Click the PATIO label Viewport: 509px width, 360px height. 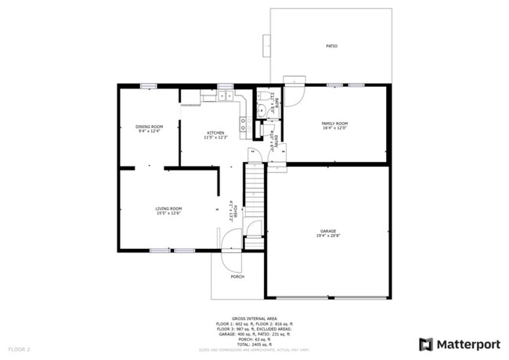pos(331,46)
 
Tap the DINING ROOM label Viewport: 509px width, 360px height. pos(149,127)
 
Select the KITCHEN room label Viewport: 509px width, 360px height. pos(216,133)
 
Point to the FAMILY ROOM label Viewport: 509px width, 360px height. pos(334,124)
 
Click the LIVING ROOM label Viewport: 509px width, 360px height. pos(168,208)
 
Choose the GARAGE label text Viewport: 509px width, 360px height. pos(327,231)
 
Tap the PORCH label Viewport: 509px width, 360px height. pos(236,276)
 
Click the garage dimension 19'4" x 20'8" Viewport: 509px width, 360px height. pos(327,236)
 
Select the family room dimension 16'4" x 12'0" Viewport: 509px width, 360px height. pos(334,128)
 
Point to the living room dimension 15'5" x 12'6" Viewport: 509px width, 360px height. pos(168,213)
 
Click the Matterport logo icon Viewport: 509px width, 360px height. pos(425,344)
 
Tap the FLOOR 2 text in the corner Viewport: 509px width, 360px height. pos(20,348)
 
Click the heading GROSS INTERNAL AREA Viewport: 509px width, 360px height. pos(254,319)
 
